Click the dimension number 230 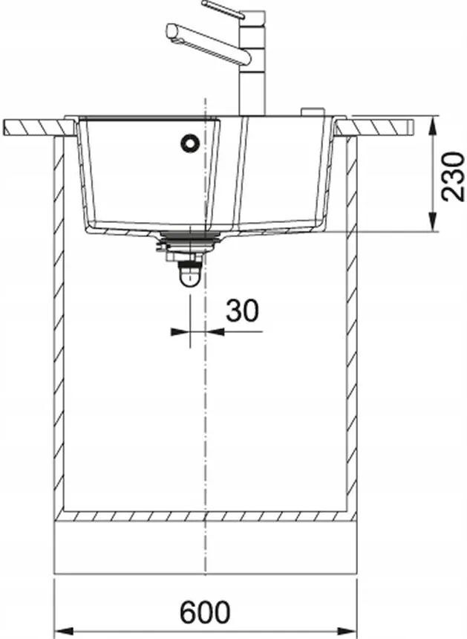tap(453, 176)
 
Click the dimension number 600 tap(205, 612)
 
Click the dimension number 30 tap(242, 311)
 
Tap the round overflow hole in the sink tap(190, 143)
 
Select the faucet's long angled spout tap(208, 43)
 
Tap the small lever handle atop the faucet tap(223, 9)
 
